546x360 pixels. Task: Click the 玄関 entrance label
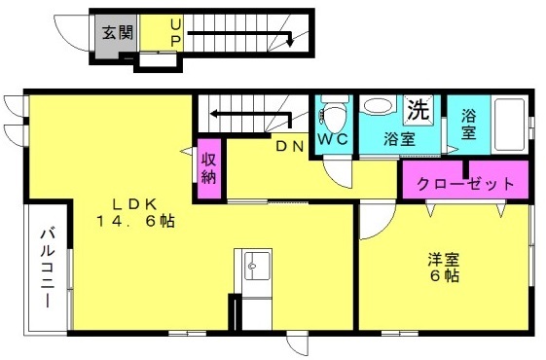[x=118, y=33]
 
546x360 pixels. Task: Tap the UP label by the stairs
[x=176, y=33]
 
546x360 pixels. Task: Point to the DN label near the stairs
[x=290, y=147]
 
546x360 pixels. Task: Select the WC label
[x=333, y=139]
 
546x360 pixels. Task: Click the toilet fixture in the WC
[x=334, y=114]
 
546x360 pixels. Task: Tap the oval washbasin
[x=378, y=106]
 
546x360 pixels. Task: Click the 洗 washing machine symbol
[x=419, y=110]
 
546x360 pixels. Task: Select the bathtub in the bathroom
[x=509, y=125]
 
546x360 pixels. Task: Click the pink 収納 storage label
[x=209, y=168]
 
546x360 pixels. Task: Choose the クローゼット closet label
[x=465, y=184]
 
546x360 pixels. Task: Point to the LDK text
[x=134, y=204]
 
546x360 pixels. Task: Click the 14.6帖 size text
[x=136, y=221]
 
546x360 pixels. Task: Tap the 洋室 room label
[x=444, y=260]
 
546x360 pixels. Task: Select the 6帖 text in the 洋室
[x=445, y=275]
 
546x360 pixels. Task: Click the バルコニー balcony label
[x=48, y=269]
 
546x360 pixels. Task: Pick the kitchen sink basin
[x=257, y=266]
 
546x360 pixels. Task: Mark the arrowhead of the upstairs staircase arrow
[x=290, y=43]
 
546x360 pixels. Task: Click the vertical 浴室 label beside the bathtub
[x=469, y=125]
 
